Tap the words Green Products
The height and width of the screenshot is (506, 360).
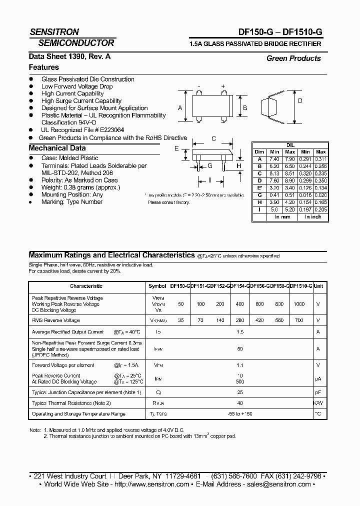click(293, 58)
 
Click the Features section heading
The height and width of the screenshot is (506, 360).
click(44, 67)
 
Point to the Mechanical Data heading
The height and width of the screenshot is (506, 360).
click(57, 148)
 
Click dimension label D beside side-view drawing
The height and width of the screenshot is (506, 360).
click(300, 100)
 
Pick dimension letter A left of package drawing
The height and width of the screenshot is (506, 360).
click(180, 108)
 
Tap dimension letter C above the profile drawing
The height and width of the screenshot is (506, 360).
click(213, 139)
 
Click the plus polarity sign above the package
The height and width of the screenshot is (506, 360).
click(223, 86)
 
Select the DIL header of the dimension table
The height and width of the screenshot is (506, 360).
click(290, 145)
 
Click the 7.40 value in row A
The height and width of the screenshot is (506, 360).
click(274, 158)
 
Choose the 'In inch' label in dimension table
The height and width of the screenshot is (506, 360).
click(313, 217)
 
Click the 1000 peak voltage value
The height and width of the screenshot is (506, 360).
click(299, 304)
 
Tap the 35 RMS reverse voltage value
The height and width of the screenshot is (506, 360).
click(181, 320)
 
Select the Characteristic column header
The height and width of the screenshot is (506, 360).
click(86, 286)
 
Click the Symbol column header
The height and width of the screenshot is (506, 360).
click(157, 286)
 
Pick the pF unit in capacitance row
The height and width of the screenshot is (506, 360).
click(318, 392)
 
